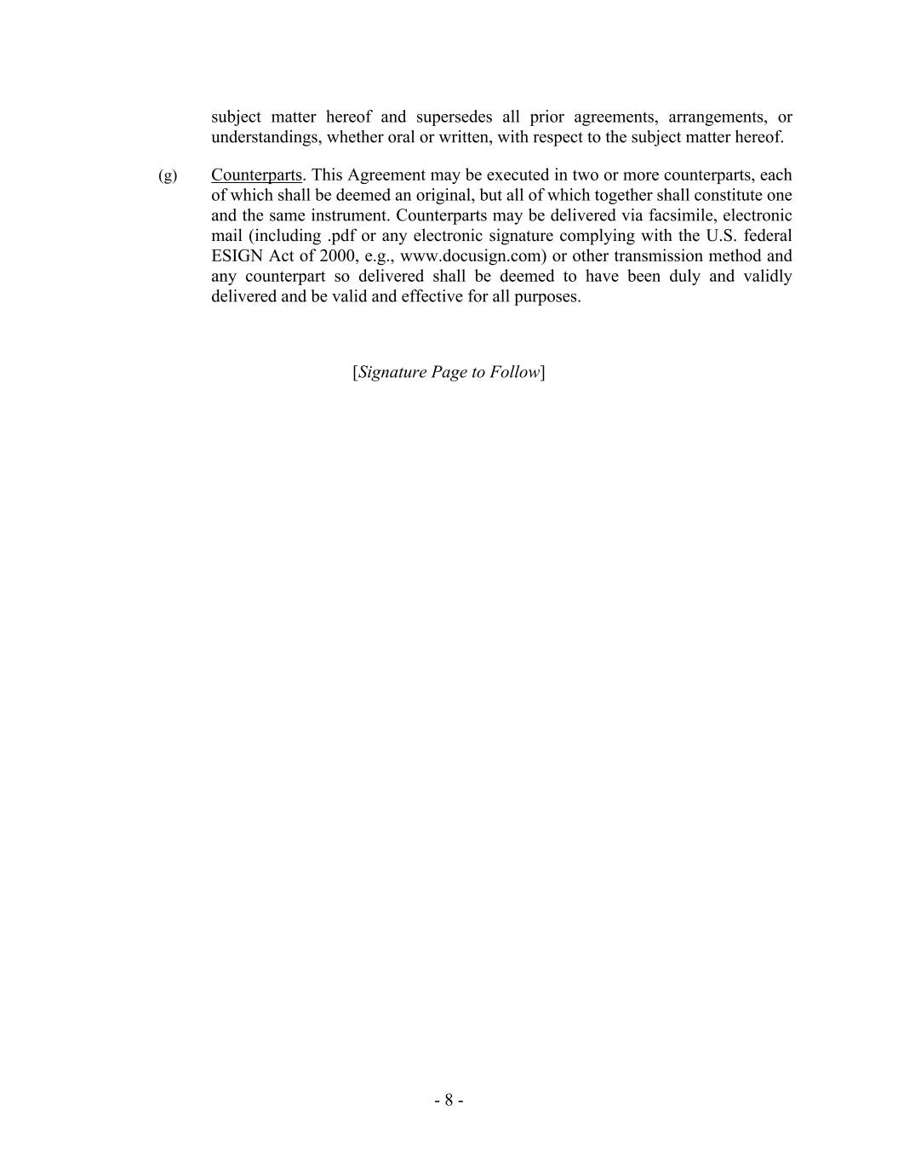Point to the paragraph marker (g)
tap(168, 175)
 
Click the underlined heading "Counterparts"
tap(256, 175)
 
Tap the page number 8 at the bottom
tap(449, 1101)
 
